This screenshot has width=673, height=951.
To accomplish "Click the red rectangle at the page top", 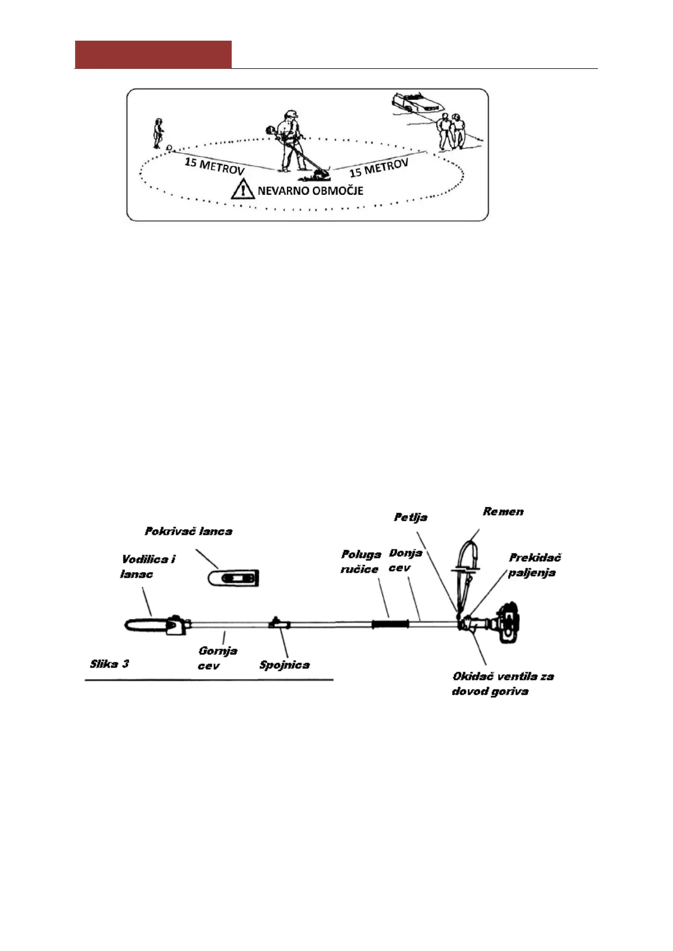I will [x=153, y=54].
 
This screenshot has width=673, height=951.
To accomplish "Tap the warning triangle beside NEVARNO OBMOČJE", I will [x=243, y=189].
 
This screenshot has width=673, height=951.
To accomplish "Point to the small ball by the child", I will [x=169, y=148].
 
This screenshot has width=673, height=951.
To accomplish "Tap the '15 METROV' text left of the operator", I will [x=214, y=166].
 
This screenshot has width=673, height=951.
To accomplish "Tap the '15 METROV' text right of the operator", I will [x=379, y=168].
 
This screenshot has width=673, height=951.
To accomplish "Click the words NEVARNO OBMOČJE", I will [x=310, y=191].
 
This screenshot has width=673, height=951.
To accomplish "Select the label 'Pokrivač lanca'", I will [x=189, y=531].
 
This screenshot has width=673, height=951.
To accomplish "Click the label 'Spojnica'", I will [x=284, y=665].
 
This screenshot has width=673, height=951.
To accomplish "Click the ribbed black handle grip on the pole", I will [x=390, y=624].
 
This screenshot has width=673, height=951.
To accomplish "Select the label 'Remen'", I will [x=503, y=512].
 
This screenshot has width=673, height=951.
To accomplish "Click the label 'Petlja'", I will [x=411, y=517].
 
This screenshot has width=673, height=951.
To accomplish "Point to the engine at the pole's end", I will [x=509, y=623].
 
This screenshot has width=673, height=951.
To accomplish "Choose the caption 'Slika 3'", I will [x=110, y=664].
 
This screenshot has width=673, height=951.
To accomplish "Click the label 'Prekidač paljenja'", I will [x=534, y=565].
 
